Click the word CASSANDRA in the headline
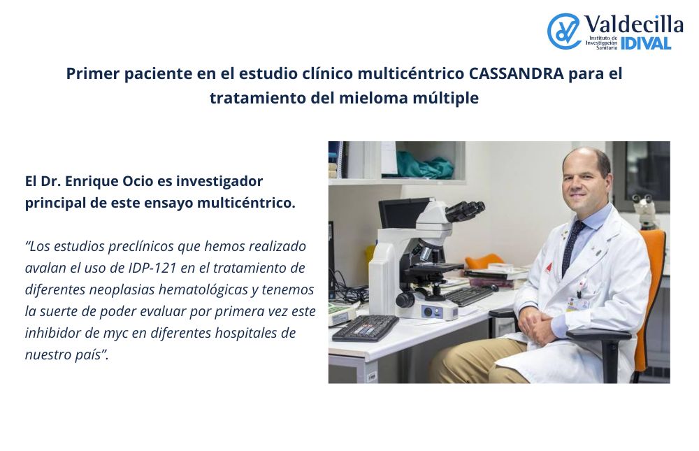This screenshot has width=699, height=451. pos(517,73)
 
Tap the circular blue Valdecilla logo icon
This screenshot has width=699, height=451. pos(563,31)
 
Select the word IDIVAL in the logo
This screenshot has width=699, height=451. pos(646,43)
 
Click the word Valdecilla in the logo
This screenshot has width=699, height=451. pos(633,24)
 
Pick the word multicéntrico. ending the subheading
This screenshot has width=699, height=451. pos(246,203)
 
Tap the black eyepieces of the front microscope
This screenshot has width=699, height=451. pos(465,210)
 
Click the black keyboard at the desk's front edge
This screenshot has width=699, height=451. pos(365,328)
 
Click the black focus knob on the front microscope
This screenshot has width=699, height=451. pos(405,299)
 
